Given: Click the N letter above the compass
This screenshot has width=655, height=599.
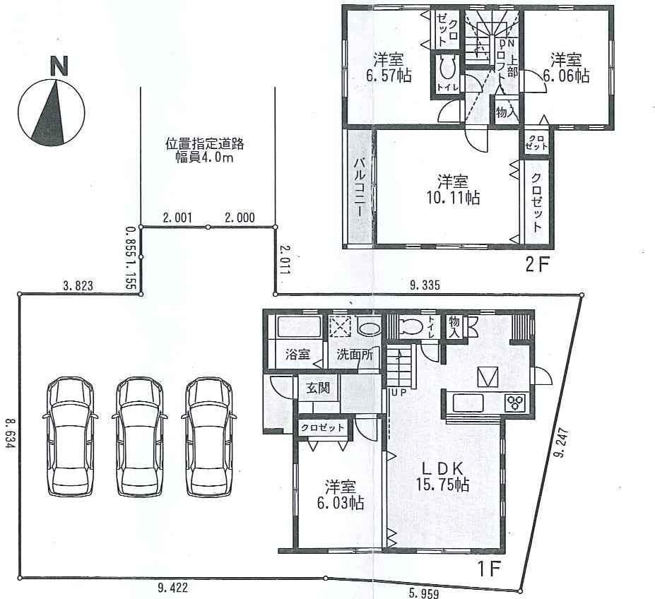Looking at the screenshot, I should (59, 66).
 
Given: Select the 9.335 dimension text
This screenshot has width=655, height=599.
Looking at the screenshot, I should (425, 285).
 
